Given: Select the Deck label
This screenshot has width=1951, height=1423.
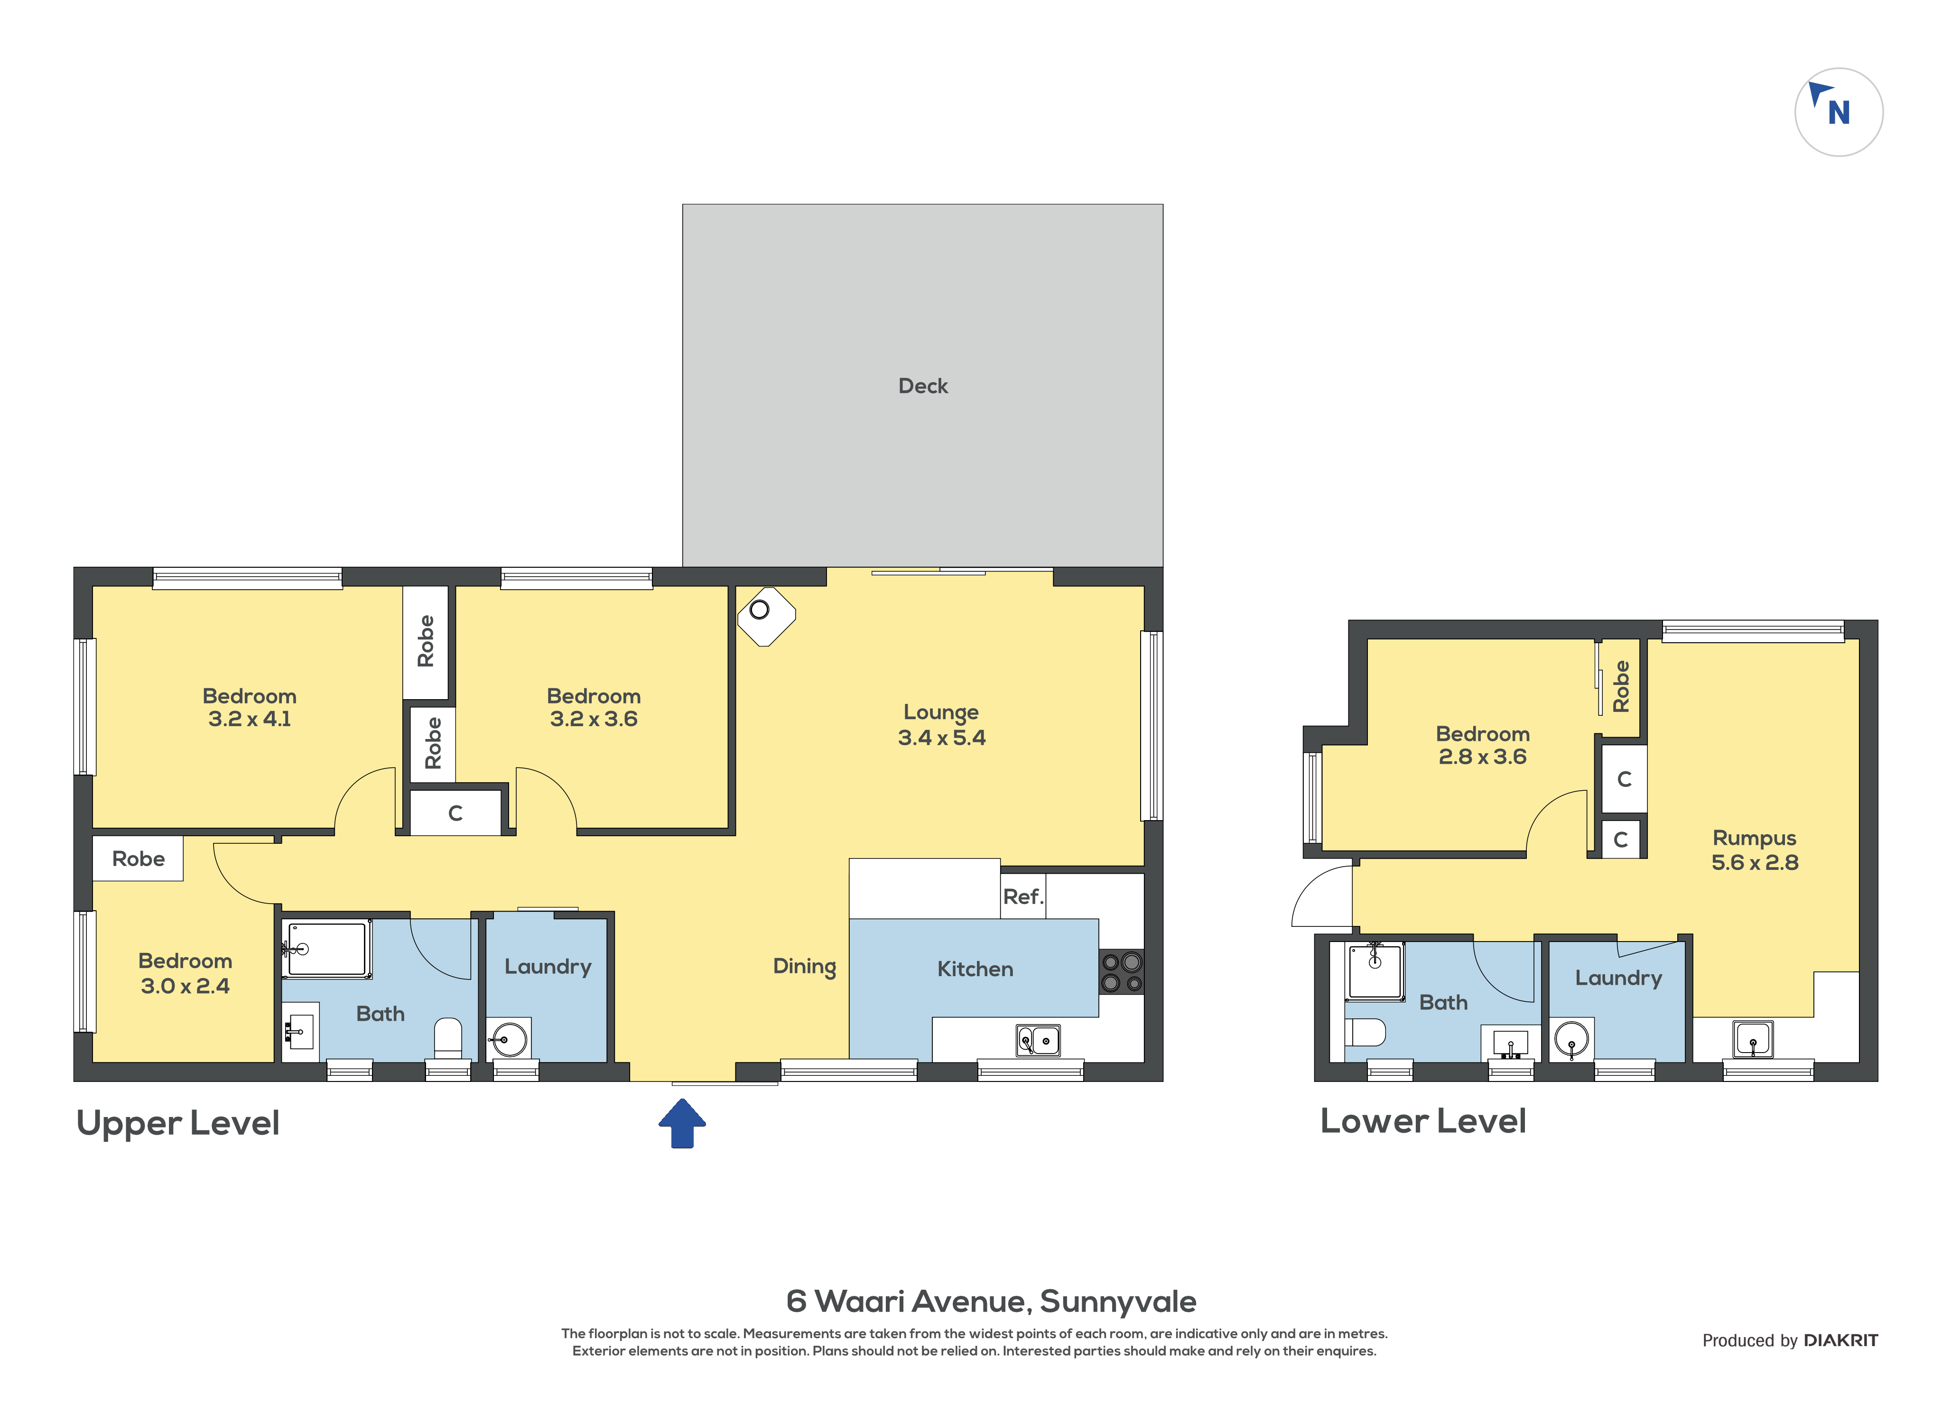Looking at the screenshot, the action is click(922, 386).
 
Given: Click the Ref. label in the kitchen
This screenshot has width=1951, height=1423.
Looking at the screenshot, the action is click(1022, 896).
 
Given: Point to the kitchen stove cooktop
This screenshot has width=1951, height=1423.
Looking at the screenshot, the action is click(1122, 971).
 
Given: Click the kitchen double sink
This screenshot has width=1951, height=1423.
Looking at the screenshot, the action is click(1038, 1040).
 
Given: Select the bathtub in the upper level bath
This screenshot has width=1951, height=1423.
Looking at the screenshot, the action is click(327, 949).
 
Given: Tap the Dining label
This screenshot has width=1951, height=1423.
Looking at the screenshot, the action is click(805, 967).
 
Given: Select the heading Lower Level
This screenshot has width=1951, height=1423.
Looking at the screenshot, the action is click(1423, 1121).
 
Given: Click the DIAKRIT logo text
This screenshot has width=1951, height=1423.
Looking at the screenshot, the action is click(1841, 1340).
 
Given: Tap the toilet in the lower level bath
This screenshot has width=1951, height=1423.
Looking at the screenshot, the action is click(1365, 1032).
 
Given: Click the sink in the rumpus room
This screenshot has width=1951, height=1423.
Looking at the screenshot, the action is click(1753, 1039).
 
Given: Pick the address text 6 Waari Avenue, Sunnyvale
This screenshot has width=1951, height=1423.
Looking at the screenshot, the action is click(992, 1302).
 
